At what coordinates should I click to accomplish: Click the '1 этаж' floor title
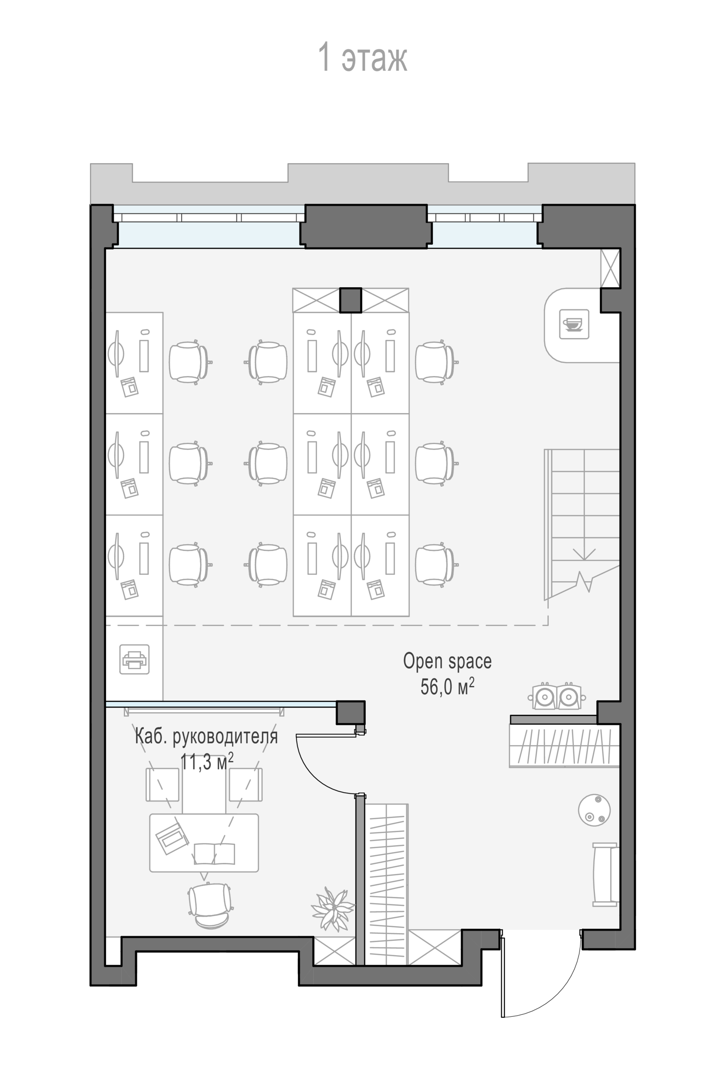pos(362,57)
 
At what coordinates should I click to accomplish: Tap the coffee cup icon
pos(574,324)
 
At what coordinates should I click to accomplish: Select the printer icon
pos(134,659)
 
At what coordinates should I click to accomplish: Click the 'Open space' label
pos(447,661)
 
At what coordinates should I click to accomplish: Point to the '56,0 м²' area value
pos(447,686)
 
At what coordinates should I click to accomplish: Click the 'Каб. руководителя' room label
pos(206,736)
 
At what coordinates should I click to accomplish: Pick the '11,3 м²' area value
pos(206,761)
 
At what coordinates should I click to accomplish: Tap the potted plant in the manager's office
pos(333,909)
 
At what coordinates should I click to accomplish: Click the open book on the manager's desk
pos(214,853)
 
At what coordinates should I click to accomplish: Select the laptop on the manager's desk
pos(172,837)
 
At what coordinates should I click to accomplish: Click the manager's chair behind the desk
pos(210,905)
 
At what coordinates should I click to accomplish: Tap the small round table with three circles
pos(594,810)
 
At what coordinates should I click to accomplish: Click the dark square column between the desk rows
pos(350,300)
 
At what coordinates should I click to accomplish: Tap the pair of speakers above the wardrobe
pos(557,696)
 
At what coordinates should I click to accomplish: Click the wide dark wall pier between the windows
pos(366,226)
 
